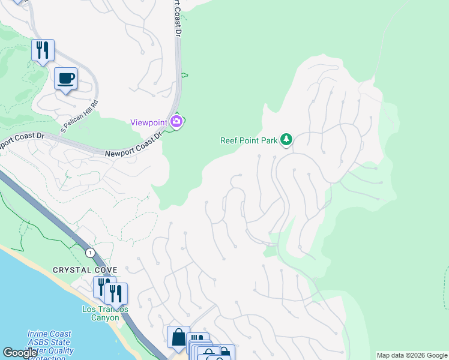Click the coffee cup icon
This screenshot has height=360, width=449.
[x=65, y=78]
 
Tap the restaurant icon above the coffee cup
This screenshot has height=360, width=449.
[x=43, y=50]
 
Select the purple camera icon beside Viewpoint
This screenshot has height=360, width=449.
[x=176, y=122]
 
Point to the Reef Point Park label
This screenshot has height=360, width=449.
[x=249, y=140]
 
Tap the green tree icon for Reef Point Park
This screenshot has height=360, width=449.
[x=286, y=140]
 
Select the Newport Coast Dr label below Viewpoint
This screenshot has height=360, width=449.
[x=134, y=146]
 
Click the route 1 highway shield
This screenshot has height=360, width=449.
[x=90, y=252]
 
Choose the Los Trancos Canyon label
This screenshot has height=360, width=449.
[x=105, y=313]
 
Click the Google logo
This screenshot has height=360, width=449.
[x=20, y=353]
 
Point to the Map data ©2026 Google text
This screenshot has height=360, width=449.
[x=412, y=355]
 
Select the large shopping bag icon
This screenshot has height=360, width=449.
[x=178, y=337]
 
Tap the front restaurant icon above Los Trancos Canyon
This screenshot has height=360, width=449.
[x=116, y=293]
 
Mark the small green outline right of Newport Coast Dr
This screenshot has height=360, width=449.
[x=184, y=75]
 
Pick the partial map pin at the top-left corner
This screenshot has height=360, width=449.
[x=18, y=2]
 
